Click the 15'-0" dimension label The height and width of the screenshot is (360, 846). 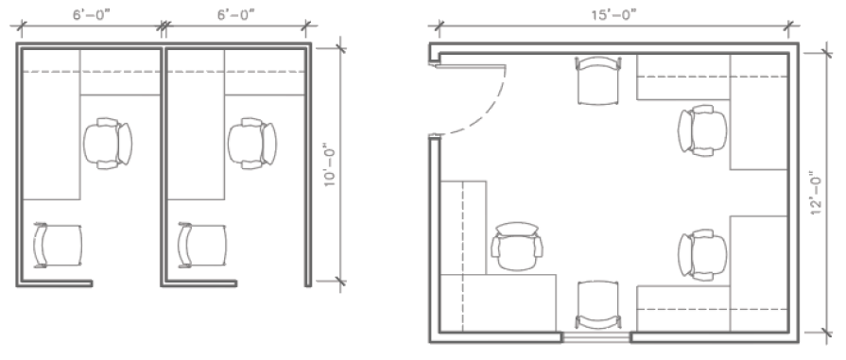click(x=613, y=14)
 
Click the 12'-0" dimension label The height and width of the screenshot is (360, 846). click(x=817, y=193)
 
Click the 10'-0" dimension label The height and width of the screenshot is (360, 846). click(x=330, y=165)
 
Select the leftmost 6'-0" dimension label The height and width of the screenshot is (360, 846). click(x=92, y=14)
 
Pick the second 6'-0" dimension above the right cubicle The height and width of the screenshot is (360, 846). click(x=235, y=14)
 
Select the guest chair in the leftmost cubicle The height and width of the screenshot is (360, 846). click(x=58, y=245)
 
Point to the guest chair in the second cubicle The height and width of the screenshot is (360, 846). click(x=202, y=245)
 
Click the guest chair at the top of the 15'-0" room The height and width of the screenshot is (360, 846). click(x=598, y=80)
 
